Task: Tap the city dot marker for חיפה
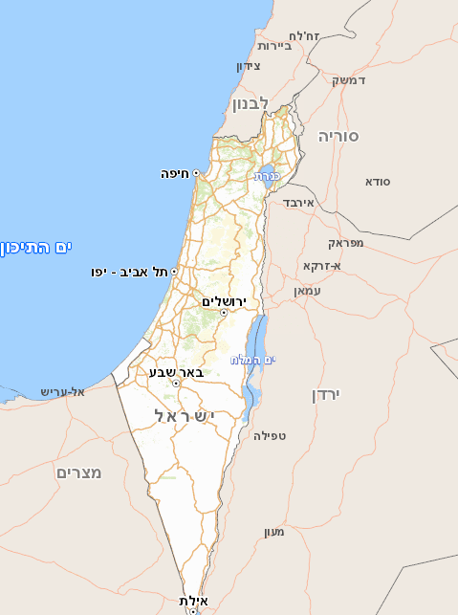point(196,173)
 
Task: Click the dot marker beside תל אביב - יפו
point(174,272)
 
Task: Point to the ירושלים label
point(224,300)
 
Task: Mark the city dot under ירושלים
point(224,313)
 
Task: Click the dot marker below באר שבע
point(176,384)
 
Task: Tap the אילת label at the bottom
point(193,600)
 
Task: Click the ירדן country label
point(326,394)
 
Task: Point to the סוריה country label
point(338,136)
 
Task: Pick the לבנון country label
point(251,101)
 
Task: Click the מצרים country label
point(78,472)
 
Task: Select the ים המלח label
point(252,360)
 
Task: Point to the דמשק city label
point(349,79)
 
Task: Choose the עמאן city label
point(308,290)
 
